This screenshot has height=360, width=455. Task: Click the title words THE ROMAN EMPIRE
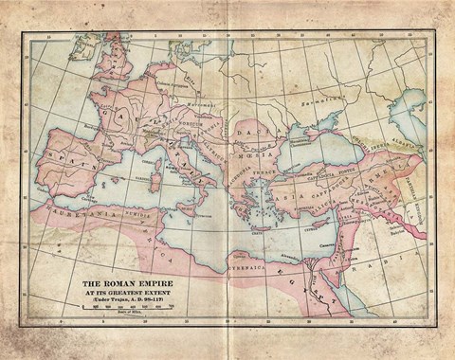coord(126,282)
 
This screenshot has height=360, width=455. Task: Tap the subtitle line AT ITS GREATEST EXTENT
coord(126,293)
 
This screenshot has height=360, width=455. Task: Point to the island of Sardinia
coord(157,184)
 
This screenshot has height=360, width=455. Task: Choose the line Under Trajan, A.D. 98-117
coord(126,301)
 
